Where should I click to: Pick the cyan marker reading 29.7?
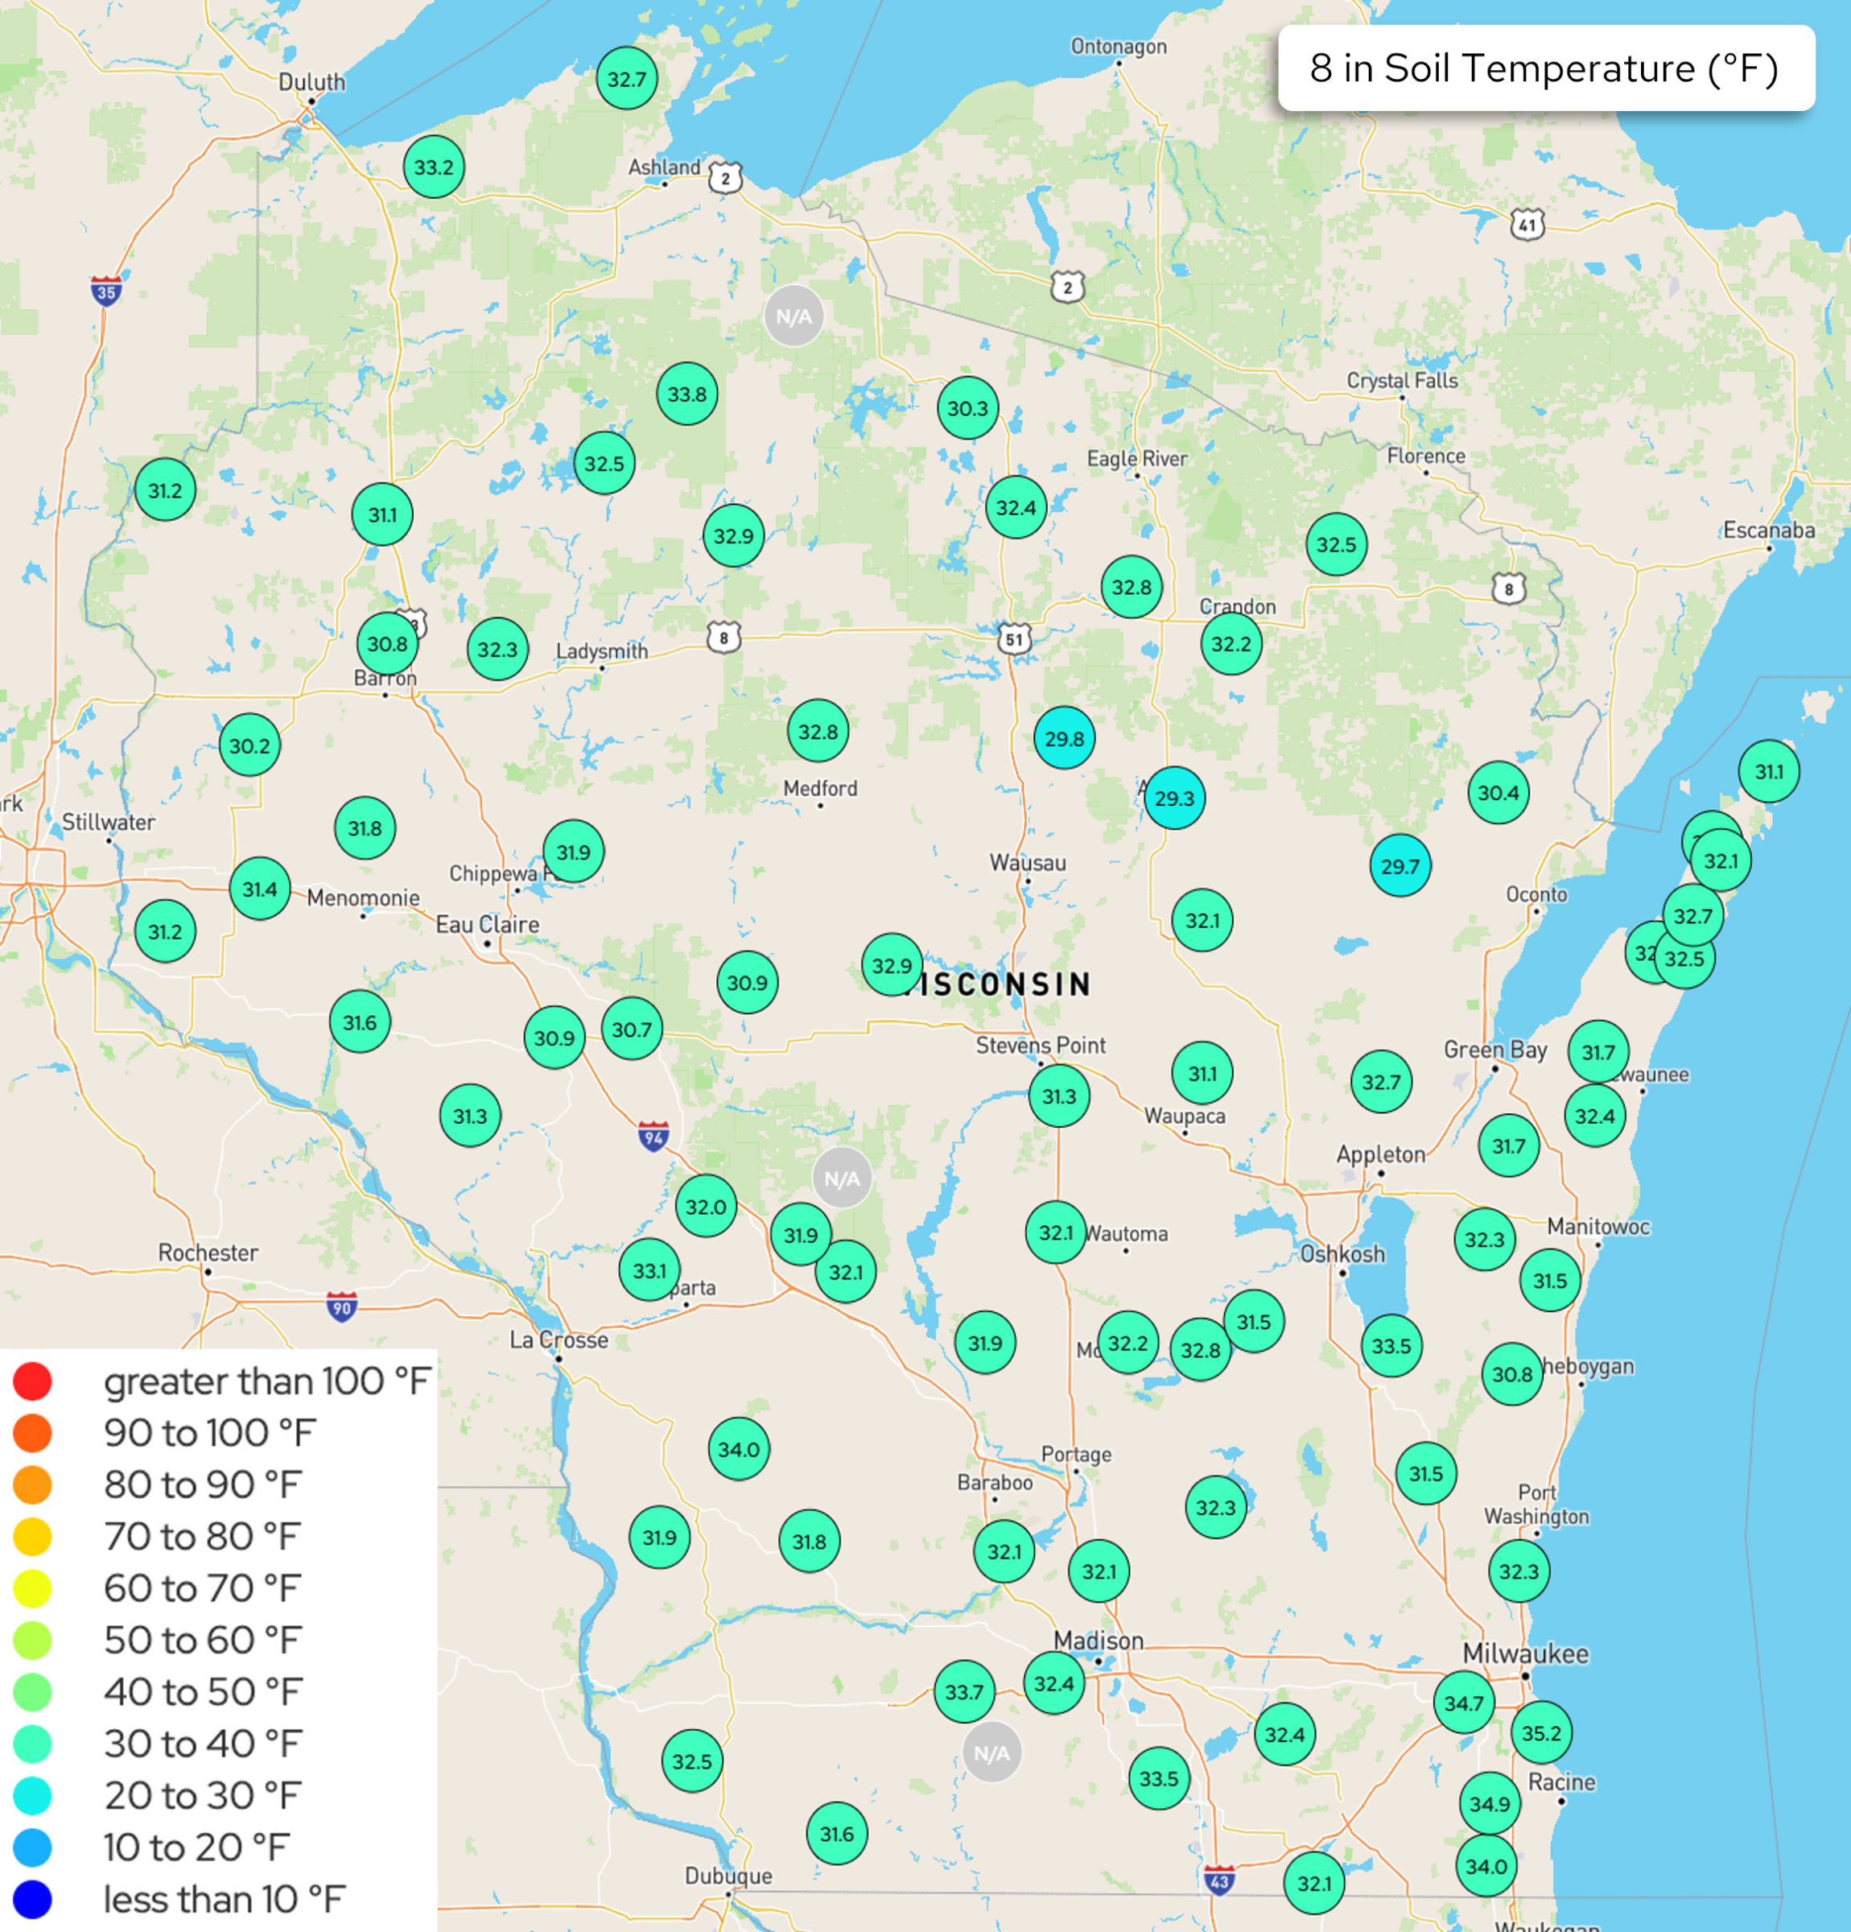(1400, 865)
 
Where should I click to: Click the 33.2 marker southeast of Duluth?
(434, 167)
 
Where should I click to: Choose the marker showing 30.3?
(967, 407)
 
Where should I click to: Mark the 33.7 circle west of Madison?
(963, 1691)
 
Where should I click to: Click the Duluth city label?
(311, 82)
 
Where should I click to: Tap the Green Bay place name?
(1494, 1049)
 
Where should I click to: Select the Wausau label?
(1027, 862)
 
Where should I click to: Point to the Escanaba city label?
(1768, 530)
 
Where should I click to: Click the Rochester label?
(208, 1252)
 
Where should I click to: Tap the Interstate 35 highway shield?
(106, 291)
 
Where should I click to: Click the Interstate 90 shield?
(341, 1307)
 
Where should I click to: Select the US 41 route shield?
(1526, 225)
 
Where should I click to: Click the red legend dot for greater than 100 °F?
(32, 1381)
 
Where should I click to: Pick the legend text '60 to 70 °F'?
(202, 1588)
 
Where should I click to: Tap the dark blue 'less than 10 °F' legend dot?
(32, 1898)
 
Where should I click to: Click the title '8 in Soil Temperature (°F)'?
(1544, 68)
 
